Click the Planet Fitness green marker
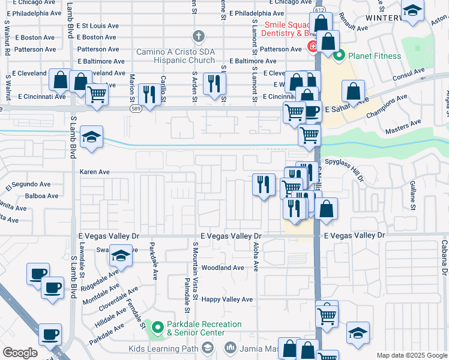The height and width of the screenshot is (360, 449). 339,56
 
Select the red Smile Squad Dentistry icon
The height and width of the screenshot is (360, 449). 313,47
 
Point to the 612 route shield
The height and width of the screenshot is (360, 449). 319,10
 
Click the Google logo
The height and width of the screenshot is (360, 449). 20,353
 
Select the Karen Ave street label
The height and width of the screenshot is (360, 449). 95,172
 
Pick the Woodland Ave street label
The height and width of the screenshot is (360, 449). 223,268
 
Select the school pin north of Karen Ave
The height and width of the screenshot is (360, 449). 91,136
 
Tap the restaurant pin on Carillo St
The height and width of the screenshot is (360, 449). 147,93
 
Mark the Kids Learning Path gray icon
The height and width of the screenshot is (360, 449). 207,348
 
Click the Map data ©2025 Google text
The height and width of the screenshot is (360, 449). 411,355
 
